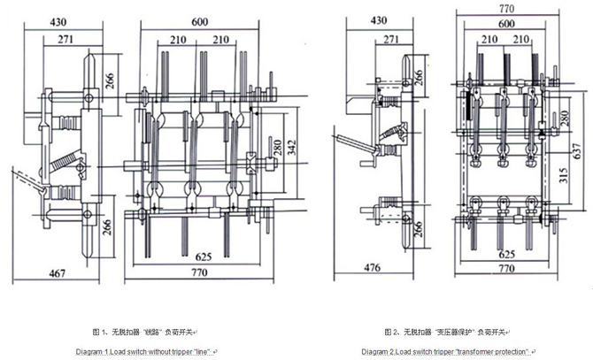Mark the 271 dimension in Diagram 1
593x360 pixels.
click(x=56, y=41)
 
